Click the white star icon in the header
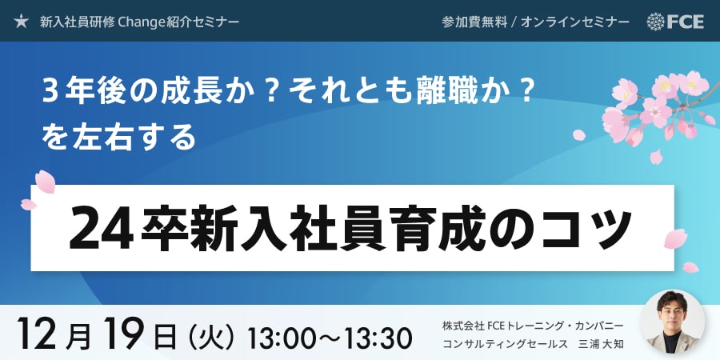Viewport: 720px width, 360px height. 21,21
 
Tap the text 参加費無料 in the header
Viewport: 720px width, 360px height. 473,22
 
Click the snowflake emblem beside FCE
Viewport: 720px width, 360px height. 655,22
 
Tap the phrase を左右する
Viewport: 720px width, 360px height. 119,138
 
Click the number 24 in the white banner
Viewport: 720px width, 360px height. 101,228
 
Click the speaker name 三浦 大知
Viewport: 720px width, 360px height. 601,343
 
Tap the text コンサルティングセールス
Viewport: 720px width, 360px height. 503,343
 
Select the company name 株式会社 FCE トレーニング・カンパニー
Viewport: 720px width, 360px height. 533,326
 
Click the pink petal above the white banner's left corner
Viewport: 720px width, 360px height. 46,182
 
